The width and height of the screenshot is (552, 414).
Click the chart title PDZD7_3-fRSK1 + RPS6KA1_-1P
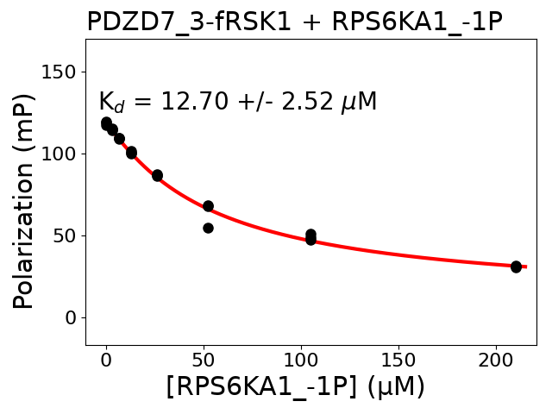click(x=294, y=22)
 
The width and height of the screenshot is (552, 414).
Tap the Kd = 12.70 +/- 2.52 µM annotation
click(x=238, y=103)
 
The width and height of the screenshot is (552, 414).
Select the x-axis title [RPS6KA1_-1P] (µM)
click(x=296, y=387)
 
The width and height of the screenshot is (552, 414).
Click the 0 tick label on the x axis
click(x=106, y=359)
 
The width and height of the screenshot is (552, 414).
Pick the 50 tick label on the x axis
click(x=204, y=359)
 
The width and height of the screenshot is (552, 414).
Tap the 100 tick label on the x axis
click(x=301, y=359)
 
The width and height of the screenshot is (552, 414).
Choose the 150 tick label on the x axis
click(x=398, y=359)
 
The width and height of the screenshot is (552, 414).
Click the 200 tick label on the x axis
click(x=496, y=359)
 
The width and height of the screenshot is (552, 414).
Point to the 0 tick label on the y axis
click(x=69, y=317)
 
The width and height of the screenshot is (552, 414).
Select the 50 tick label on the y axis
click(x=63, y=235)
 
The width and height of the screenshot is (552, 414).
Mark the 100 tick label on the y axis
click(x=57, y=154)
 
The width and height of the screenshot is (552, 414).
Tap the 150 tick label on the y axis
click(x=57, y=72)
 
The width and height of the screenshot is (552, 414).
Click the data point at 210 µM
click(x=516, y=267)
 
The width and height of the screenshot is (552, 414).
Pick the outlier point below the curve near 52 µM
click(x=208, y=228)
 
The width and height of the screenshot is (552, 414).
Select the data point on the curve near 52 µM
click(x=208, y=206)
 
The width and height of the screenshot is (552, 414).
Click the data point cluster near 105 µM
click(x=310, y=236)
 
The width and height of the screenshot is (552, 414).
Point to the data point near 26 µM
click(x=157, y=175)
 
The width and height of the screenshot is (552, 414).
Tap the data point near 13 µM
click(x=131, y=153)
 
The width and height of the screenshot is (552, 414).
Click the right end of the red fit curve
click(x=525, y=267)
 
